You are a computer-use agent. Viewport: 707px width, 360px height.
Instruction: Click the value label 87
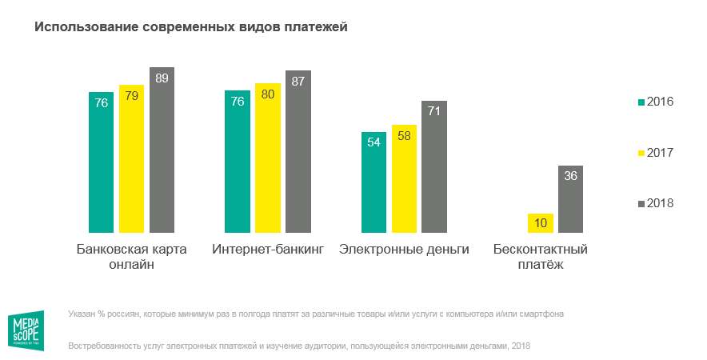click(x=298, y=81)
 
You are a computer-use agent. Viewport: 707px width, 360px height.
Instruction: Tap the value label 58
click(x=404, y=135)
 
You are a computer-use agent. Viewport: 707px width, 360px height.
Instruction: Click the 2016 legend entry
click(x=655, y=102)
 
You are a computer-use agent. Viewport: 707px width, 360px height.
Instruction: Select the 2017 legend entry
click(x=655, y=152)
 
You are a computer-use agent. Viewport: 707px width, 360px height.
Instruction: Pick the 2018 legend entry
click(x=655, y=202)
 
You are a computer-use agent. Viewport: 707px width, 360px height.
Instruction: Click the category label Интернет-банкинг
click(x=268, y=249)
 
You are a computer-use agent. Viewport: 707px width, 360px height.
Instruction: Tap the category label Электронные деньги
click(x=404, y=249)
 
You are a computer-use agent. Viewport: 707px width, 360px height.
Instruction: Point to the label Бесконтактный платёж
click(x=541, y=257)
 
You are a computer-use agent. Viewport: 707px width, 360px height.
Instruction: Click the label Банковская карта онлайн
click(x=131, y=257)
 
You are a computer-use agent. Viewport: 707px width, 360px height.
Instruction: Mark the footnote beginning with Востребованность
click(x=299, y=346)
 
